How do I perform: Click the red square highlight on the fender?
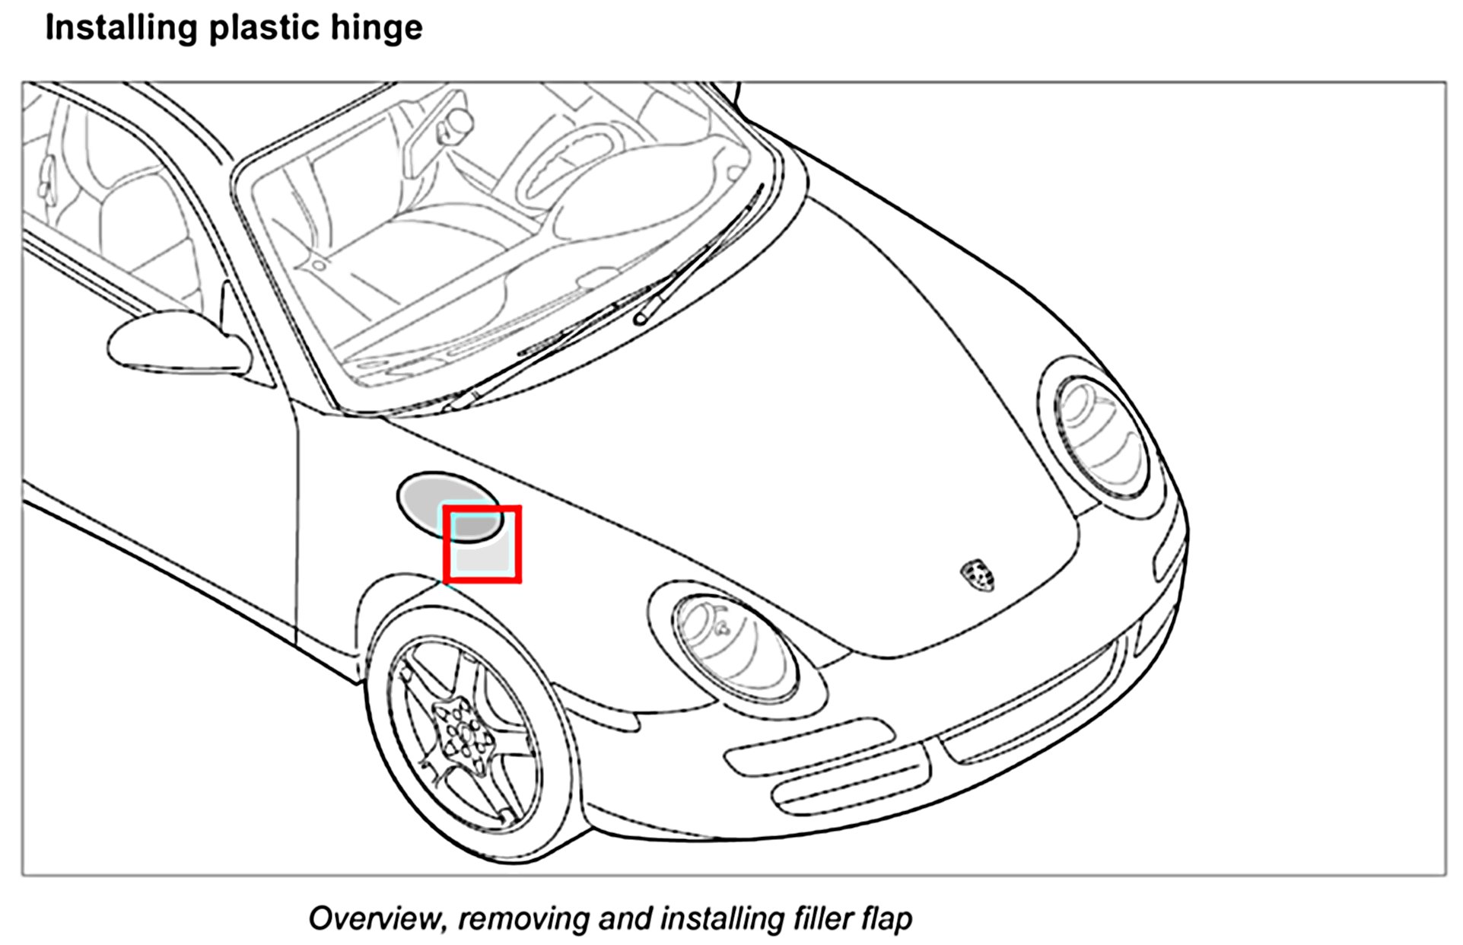pos(482,544)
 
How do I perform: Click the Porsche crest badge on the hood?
pos(978,574)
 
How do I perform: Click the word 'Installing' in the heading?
pos(122,28)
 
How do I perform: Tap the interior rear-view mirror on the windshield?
pos(457,122)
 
